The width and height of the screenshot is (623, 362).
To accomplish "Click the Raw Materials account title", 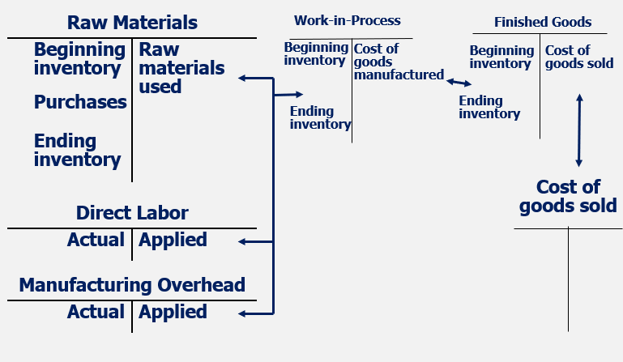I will pos(132,22).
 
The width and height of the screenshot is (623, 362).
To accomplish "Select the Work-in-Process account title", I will pos(347,20).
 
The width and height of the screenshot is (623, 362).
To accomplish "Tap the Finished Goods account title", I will pos(543,22).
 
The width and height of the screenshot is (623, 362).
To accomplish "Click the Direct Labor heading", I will pos(132,213).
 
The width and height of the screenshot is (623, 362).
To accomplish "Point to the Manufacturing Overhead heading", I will pos(132,285).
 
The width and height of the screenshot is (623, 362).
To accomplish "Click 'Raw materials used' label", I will pos(170,68).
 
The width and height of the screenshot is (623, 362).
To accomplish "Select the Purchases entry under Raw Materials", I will pos(80,102).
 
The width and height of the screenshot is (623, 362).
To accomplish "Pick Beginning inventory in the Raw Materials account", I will pos(79,58).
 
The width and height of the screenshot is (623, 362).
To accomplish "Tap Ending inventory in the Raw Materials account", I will pos(77,151).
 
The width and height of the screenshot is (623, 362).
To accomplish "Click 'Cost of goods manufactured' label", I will pos(398,62).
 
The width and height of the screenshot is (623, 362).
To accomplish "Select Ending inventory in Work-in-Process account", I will pos(320,118).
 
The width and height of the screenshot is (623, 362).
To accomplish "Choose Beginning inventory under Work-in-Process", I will pos(316,53).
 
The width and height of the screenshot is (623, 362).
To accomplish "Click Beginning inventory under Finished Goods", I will pos(501,57).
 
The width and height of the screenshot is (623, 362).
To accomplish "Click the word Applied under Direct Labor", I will pos(173,240).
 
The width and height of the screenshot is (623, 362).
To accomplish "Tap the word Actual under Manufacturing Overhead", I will pos(96,312).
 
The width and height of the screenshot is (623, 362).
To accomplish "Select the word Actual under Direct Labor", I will pos(96,240).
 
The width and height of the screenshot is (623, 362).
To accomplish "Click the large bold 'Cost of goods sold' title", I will pos(568,196).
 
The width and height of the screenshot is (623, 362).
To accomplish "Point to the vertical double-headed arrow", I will pos(578,130).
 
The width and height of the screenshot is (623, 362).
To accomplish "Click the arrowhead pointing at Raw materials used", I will pos(242,79).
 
